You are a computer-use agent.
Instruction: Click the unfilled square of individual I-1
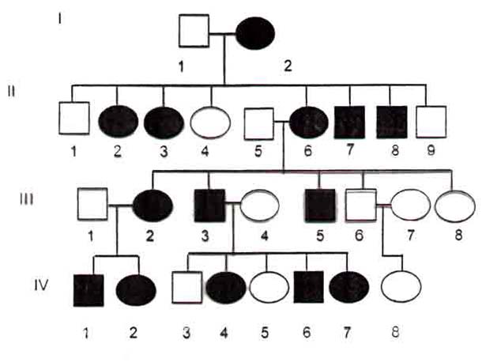click(194, 31)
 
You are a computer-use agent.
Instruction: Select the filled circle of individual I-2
click(255, 33)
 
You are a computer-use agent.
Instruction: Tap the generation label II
click(12, 92)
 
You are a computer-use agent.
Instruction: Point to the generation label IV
click(41, 285)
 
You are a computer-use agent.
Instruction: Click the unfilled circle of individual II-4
click(210, 123)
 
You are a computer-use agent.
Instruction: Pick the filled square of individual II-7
click(349, 122)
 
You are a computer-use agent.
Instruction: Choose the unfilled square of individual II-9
click(431, 122)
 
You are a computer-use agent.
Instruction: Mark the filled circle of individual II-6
click(309, 123)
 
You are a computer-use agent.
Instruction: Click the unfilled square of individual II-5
click(259, 123)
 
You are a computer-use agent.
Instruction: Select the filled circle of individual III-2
click(153, 206)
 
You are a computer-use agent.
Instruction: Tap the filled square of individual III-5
click(320, 206)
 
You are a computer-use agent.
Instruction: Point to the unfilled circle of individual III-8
click(455, 206)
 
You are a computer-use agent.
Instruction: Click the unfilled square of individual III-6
click(361, 205)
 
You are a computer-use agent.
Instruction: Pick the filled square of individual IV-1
click(89, 290)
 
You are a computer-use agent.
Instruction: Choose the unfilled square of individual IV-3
click(187, 288)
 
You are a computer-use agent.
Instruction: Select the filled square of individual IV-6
click(309, 287)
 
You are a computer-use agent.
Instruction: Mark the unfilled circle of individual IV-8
click(401, 287)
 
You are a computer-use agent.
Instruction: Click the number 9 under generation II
click(431, 150)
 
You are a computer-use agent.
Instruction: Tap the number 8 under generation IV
click(395, 332)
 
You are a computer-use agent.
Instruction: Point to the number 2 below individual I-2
click(288, 66)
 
